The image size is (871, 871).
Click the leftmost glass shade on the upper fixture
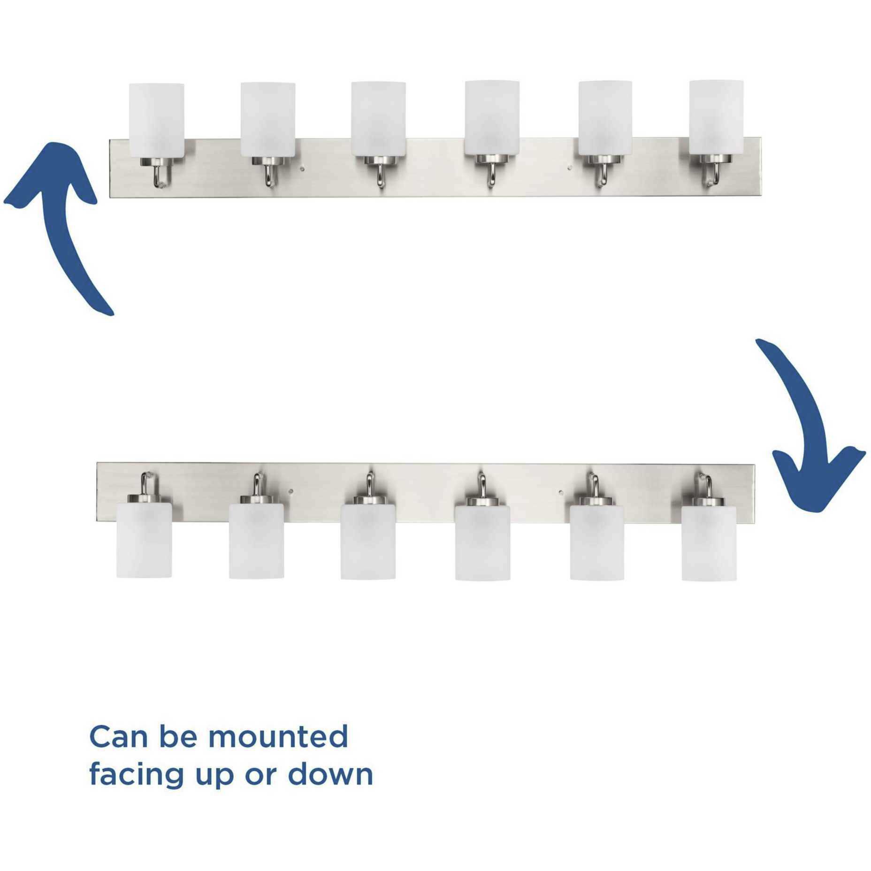[156, 121]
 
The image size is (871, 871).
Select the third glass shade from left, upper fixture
[378, 119]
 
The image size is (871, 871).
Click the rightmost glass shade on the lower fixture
[709, 543]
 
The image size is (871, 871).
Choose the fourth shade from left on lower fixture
[482, 542]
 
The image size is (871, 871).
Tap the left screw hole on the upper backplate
[303, 166]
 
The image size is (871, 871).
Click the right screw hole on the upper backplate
[569, 166]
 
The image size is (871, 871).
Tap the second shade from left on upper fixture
[268, 120]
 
